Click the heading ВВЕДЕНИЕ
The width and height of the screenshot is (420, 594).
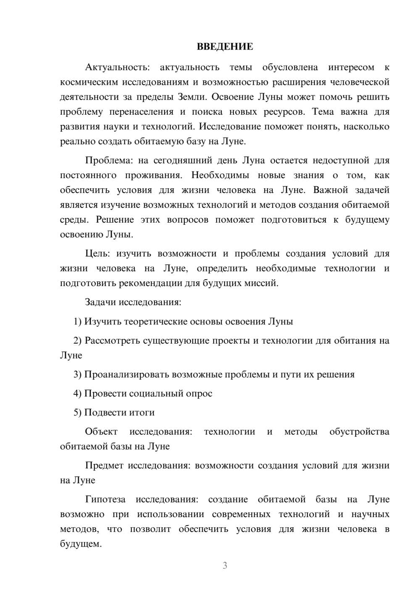[225, 47]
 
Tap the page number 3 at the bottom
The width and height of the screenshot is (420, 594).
[225, 565]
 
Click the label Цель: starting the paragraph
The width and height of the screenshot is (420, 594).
[97, 254]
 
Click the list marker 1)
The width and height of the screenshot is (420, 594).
[77, 322]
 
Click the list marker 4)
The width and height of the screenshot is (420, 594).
[77, 394]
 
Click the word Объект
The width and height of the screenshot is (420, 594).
[101, 432]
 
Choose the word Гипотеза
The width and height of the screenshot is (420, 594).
[105, 499]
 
